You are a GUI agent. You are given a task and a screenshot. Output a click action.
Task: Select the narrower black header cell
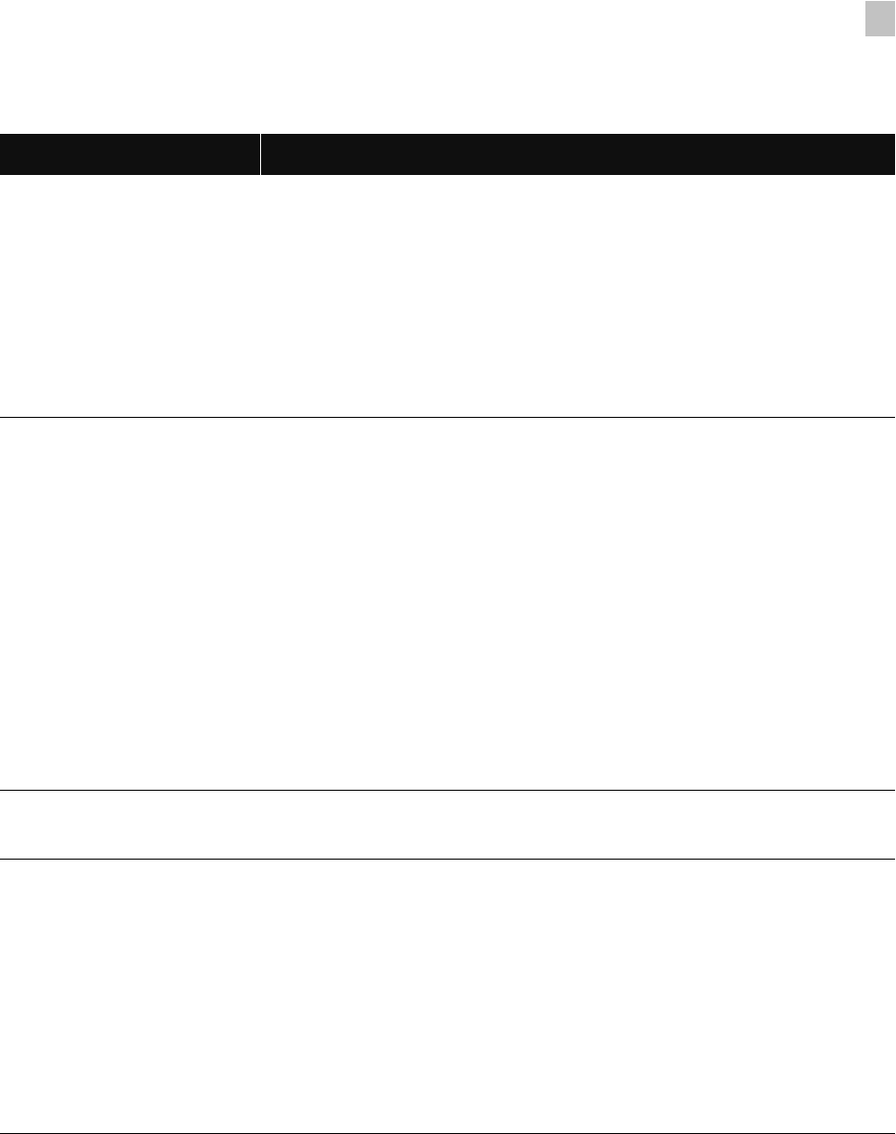[x=130, y=154]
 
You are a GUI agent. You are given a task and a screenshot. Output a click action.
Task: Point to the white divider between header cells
[x=260, y=154]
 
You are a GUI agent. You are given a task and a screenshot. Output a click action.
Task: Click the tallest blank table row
[x=448, y=603]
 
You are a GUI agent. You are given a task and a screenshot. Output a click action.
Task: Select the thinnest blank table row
[x=448, y=824]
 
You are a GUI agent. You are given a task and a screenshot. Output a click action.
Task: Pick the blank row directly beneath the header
[x=448, y=295]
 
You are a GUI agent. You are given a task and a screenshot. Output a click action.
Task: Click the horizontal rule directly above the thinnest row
[x=448, y=790]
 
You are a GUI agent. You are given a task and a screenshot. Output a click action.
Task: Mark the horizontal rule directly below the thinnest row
[x=448, y=859]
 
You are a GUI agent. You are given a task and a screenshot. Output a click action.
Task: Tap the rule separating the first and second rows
[x=448, y=417]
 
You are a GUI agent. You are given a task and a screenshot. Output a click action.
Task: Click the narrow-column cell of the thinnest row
[x=130, y=824]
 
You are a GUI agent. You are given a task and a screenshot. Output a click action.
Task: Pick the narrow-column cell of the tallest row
[x=130, y=603]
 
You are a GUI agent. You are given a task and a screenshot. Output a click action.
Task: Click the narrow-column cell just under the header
[x=130, y=295]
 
